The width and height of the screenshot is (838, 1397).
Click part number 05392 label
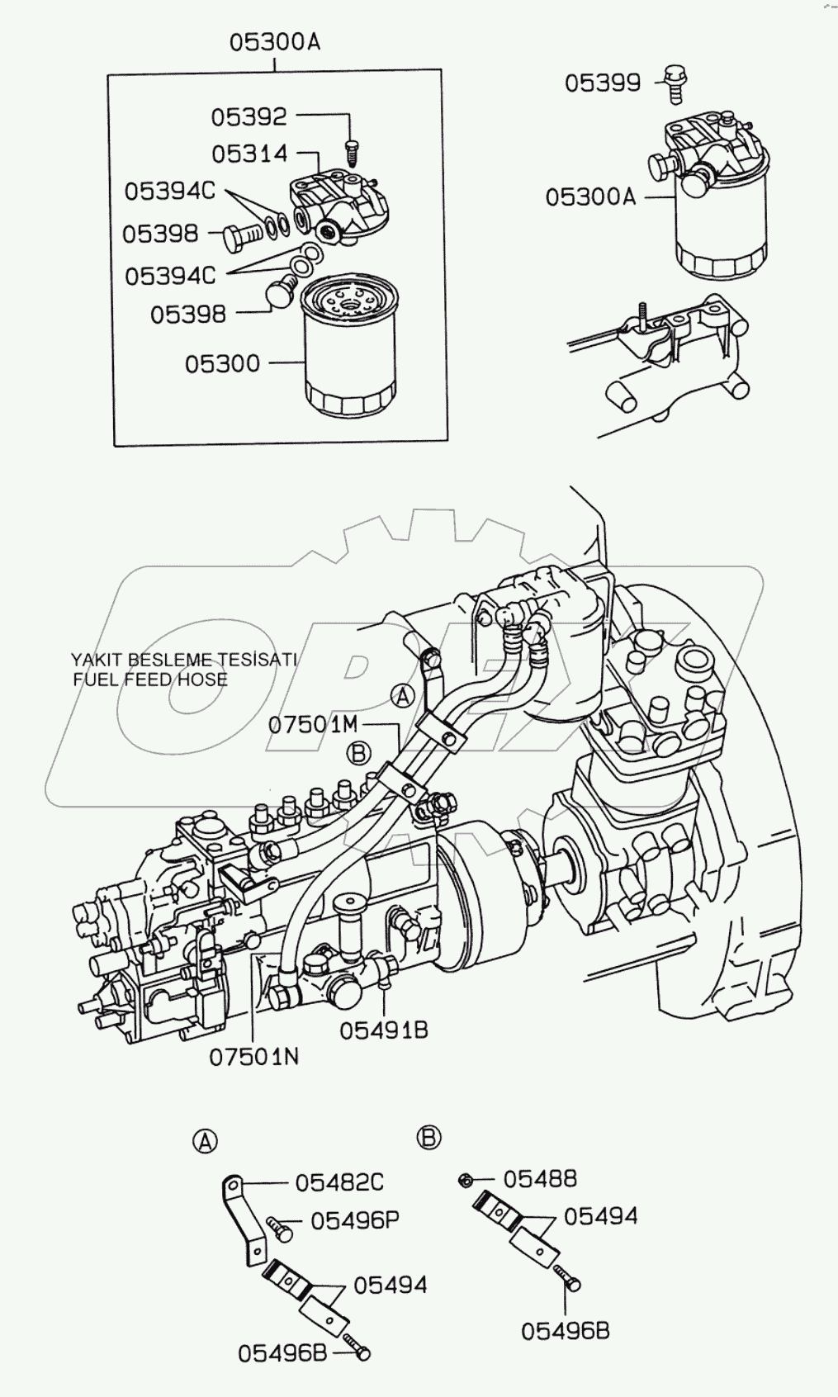[x=249, y=117]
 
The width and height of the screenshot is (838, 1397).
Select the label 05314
[x=249, y=154]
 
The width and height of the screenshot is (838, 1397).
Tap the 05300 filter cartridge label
[x=222, y=364]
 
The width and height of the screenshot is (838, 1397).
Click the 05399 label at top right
[x=603, y=83]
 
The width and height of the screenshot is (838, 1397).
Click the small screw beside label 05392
[x=352, y=151]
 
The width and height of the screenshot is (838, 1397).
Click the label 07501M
[x=313, y=725]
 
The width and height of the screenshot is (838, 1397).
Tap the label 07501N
[x=253, y=1057]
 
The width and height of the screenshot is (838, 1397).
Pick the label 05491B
[x=384, y=1030]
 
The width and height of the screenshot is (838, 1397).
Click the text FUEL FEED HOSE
[x=150, y=680]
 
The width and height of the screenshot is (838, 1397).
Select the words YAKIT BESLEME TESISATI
[x=183, y=660]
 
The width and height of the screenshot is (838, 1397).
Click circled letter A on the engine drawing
[x=402, y=696]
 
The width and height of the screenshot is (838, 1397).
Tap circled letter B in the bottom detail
[x=428, y=1138]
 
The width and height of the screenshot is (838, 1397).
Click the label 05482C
[x=339, y=1182]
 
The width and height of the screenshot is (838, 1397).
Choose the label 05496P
[x=355, y=1220]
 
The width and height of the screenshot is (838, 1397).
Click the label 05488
[x=540, y=1178]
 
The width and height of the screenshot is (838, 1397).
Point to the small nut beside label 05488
[x=465, y=1181]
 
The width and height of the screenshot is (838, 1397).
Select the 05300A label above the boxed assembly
[x=274, y=42]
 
